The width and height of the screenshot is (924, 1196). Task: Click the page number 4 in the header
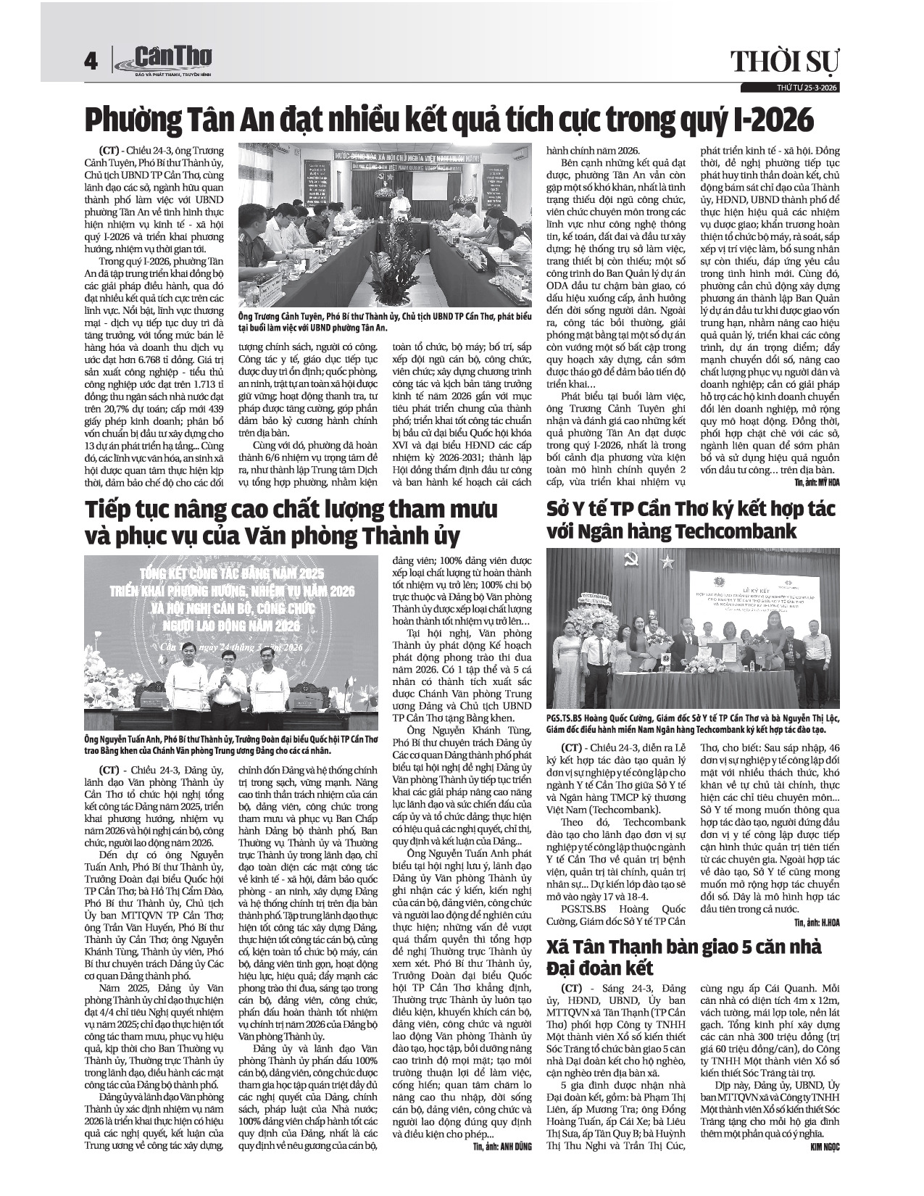pyautogui.click(x=91, y=62)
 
